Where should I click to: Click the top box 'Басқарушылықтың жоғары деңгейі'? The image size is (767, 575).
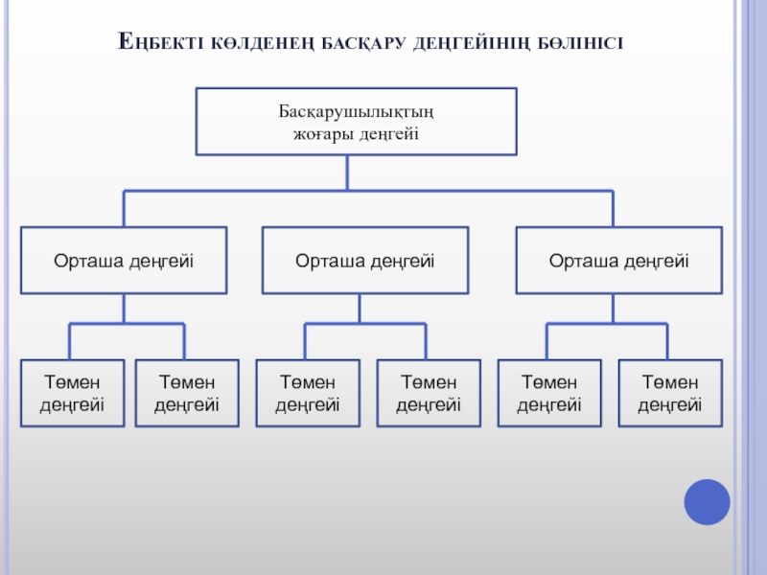pyautogui.click(x=356, y=122)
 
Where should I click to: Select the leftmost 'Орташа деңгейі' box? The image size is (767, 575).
pyautogui.click(x=124, y=260)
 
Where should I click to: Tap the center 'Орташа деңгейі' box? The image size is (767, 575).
pyautogui.click(x=365, y=260)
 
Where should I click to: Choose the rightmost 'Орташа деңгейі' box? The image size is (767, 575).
pyautogui.click(x=618, y=260)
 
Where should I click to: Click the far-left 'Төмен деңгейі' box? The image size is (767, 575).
pyautogui.click(x=72, y=393)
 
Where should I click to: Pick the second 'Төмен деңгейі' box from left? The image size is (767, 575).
pyautogui.click(x=187, y=393)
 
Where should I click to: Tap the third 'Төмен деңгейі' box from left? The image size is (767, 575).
pyautogui.click(x=308, y=393)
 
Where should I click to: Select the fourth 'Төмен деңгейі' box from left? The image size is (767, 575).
pyautogui.click(x=429, y=393)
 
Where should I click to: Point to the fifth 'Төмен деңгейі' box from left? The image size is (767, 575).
pyautogui.click(x=549, y=393)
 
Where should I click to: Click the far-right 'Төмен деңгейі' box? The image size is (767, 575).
pyautogui.click(x=670, y=393)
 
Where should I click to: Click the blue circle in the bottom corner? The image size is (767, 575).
pyautogui.click(x=707, y=501)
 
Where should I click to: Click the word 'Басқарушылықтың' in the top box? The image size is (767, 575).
pyautogui.click(x=356, y=112)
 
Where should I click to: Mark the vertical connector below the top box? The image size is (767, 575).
pyautogui.click(x=347, y=172)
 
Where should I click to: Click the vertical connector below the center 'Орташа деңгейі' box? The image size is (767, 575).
pyautogui.click(x=360, y=308)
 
